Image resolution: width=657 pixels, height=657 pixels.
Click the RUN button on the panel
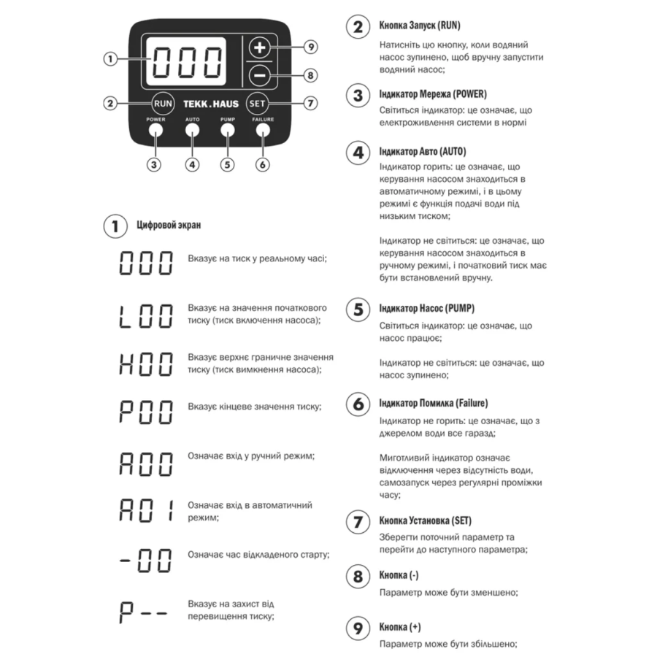click(x=163, y=103)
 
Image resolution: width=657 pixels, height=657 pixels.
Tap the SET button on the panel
click(x=257, y=103)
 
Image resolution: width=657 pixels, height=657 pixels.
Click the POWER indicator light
click(x=155, y=131)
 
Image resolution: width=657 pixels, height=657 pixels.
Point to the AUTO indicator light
click(x=192, y=131)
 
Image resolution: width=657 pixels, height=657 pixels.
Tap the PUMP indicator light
click(x=227, y=131)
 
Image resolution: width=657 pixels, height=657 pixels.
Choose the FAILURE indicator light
click(x=263, y=131)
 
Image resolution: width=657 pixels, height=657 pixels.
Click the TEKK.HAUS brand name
click(x=210, y=104)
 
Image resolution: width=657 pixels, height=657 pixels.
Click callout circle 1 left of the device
click(x=110, y=59)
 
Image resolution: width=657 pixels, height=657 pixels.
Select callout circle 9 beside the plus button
click(x=310, y=47)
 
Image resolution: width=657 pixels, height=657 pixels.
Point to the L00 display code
click(x=146, y=315)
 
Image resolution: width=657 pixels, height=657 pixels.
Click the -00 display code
click(x=146, y=561)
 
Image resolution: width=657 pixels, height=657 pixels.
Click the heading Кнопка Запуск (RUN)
click(x=419, y=26)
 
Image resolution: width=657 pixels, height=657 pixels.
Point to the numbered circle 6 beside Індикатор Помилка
click(x=358, y=404)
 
